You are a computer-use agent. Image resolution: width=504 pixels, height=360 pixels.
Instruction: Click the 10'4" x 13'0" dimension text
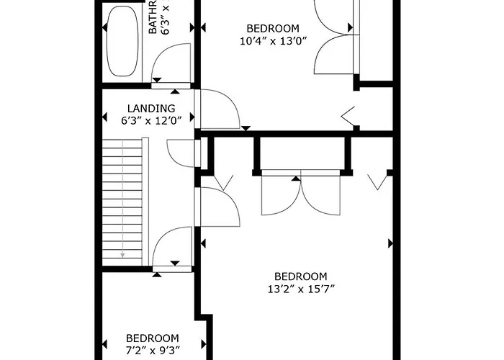coord(274,41)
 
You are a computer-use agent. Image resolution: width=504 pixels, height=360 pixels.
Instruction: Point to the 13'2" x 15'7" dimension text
coord(301,289)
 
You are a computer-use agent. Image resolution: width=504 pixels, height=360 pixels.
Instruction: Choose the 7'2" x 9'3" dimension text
coord(152,351)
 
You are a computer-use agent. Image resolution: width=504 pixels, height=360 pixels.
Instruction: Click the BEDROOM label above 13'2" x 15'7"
coord(301,276)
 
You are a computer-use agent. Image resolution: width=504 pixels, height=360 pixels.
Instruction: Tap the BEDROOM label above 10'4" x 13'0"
coord(274,29)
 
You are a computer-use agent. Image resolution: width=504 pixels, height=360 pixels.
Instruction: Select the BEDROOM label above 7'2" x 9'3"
coord(152,338)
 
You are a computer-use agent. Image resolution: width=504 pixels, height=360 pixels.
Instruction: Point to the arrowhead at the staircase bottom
coord(123,254)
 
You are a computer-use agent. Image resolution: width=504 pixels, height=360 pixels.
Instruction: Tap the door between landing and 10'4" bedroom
coord(220,109)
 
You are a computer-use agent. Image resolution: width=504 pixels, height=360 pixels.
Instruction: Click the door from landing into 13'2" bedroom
coord(220,207)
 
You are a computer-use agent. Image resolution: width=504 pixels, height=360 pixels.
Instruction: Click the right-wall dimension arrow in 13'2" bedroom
coord(391,243)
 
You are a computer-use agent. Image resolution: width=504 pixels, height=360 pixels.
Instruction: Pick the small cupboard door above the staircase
coord(182,152)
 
